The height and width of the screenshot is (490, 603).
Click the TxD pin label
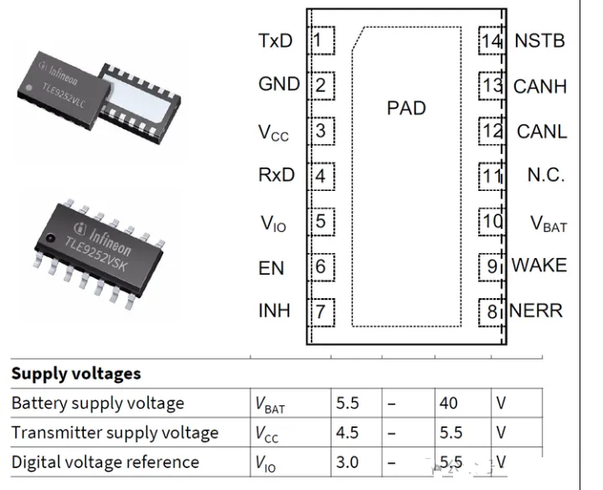[276, 40]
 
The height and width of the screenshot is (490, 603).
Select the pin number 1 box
[321, 39]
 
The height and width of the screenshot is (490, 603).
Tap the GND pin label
[279, 85]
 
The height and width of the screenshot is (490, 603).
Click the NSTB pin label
[540, 40]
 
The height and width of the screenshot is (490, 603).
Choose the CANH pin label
[540, 86]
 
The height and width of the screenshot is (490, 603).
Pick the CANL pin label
[542, 132]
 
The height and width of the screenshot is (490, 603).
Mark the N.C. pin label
[546, 176]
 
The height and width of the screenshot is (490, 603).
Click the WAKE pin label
[539, 266]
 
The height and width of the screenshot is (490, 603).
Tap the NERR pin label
[536, 311]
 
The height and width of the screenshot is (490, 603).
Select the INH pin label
[275, 311]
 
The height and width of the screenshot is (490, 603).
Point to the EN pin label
[271, 268]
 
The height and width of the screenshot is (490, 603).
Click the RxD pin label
[277, 176]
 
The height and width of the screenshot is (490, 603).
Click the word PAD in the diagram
[406, 108]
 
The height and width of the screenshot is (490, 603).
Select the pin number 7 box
[321, 312]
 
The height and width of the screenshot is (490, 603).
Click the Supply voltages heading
[76, 374]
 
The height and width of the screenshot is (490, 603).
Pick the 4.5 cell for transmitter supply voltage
[348, 432]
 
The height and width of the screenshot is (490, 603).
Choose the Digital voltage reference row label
[105, 462]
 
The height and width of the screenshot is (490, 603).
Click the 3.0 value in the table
[348, 462]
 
